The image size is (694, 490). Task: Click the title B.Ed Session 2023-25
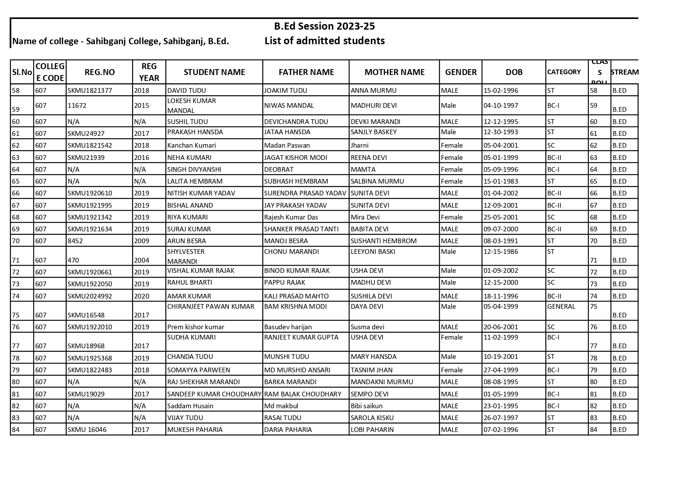324,26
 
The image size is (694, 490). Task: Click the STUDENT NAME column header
214,72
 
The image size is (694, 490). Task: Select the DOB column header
514,72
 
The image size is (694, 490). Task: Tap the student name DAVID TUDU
187,90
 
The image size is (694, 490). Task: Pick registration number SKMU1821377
90,90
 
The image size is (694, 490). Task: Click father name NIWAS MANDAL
289,105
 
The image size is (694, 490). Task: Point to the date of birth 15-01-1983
501,181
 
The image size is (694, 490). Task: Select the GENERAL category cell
561,306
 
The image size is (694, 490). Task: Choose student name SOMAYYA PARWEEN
199,370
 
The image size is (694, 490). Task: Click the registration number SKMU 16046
87,430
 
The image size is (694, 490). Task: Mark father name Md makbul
281,406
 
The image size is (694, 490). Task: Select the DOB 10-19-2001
501,357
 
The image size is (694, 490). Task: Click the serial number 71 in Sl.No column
16,260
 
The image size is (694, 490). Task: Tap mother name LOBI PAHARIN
372,430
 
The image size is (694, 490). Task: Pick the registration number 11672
77,105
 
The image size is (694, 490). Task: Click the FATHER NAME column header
306,72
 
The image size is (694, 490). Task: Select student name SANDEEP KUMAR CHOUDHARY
214,394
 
